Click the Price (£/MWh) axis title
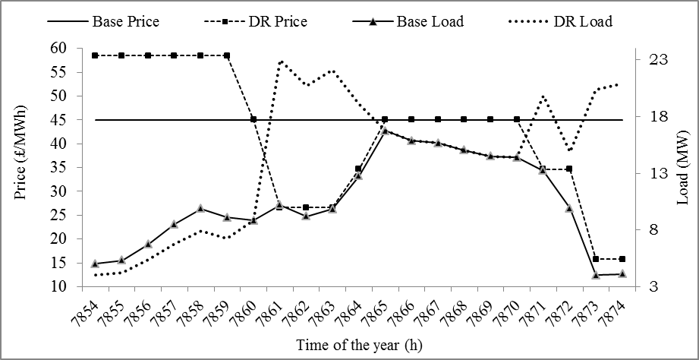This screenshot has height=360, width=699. click(x=20, y=168)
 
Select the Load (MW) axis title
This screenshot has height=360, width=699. click(x=682, y=168)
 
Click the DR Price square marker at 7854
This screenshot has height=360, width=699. click(x=95, y=55)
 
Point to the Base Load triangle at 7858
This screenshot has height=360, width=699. click(x=200, y=208)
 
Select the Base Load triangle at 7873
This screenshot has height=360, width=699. click(x=596, y=275)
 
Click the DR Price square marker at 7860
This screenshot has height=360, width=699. click(x=253, y=119)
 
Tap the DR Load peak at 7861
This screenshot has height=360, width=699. click(x=281, y=62)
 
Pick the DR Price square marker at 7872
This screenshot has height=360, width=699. click(x=569, y=169)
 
